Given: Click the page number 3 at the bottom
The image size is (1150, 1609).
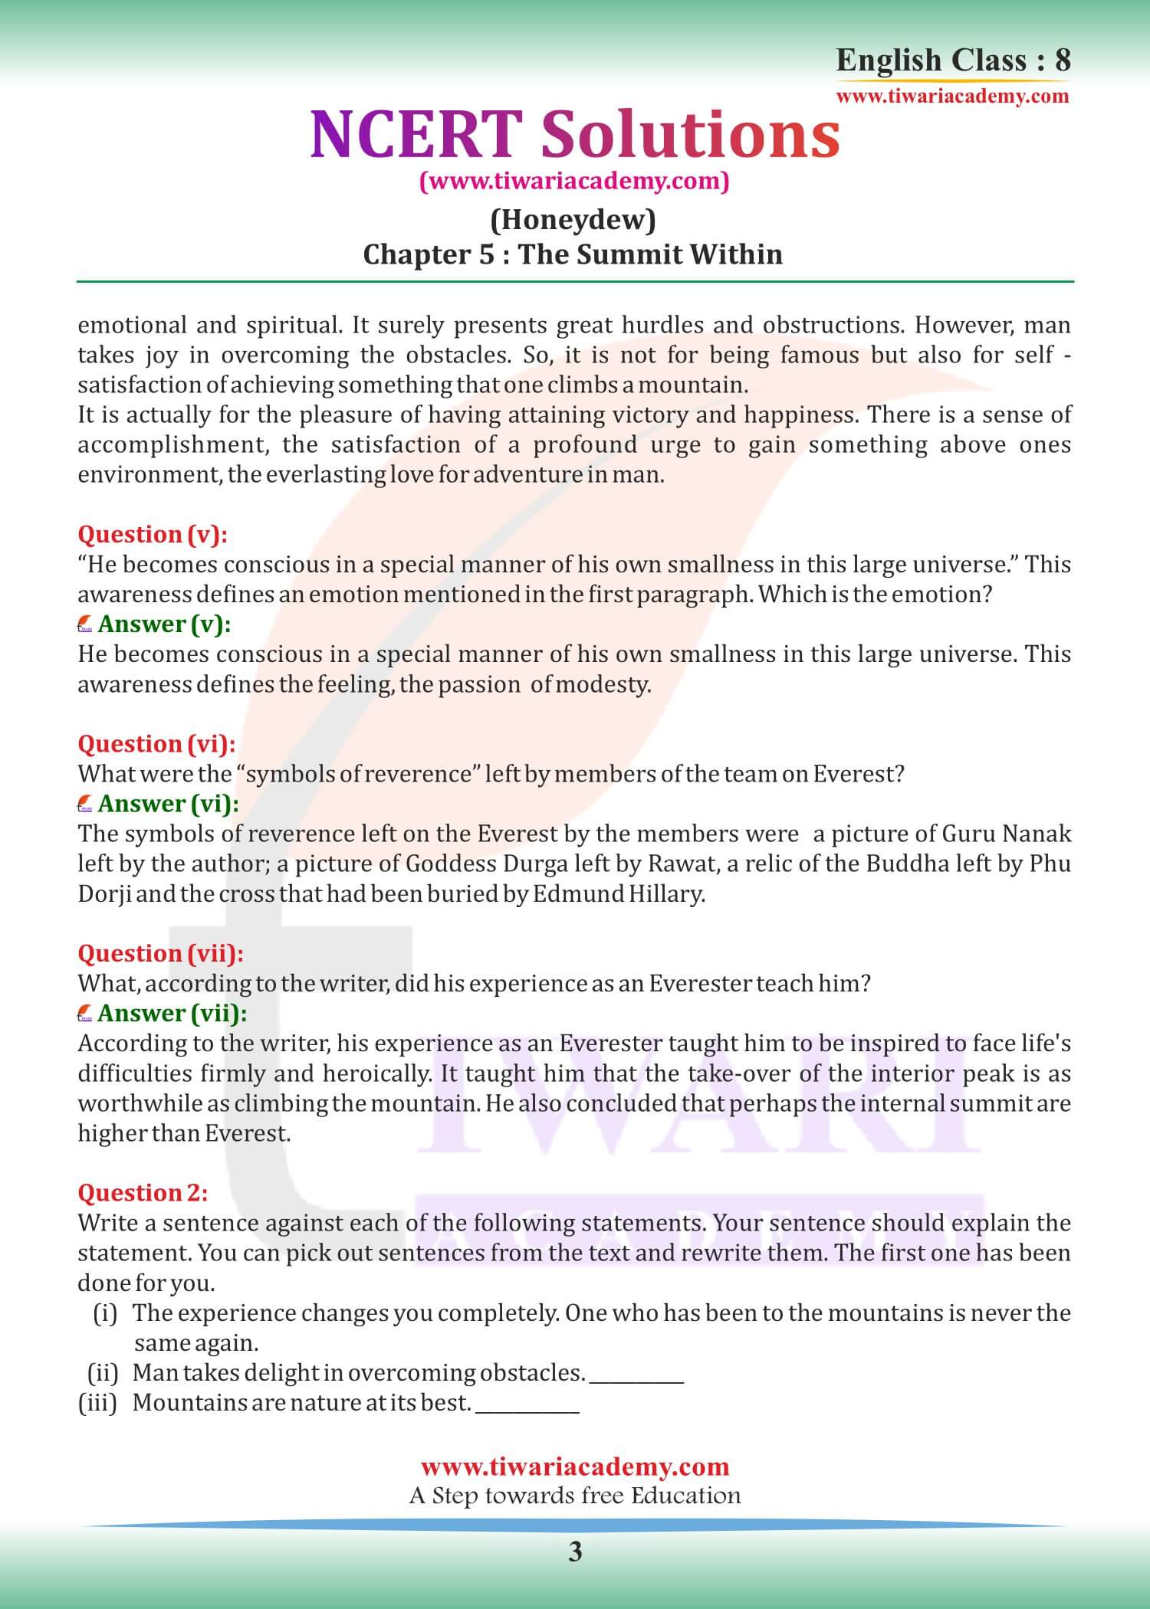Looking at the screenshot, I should coord(575,1552).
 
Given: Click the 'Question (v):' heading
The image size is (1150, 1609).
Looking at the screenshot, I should coord(153,534).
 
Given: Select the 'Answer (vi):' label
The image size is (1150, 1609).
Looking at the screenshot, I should coord(168,803).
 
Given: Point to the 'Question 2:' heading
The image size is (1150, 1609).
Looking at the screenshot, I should coord(143,1193).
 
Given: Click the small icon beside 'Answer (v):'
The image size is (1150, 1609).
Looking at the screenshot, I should coord(85,625).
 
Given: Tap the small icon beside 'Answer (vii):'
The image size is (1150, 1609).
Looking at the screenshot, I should coord(85,1014).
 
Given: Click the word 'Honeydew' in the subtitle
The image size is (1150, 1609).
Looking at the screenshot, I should coord(573,221).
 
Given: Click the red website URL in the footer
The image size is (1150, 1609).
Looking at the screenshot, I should coord(575,1466).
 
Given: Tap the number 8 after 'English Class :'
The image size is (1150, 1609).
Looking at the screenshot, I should coord(1062,60).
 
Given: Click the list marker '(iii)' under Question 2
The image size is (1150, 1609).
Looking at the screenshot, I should coord(97,1403).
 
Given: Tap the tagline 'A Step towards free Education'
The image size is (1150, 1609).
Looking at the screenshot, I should coord(575,1496).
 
